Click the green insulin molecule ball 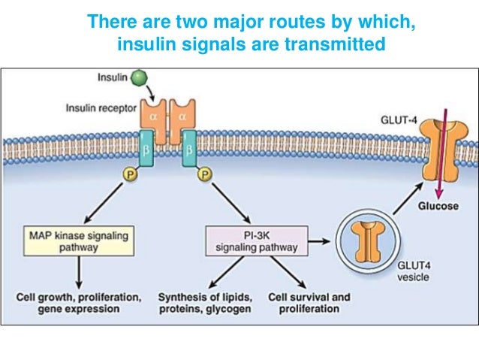(137, 78)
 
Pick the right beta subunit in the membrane (189, 150)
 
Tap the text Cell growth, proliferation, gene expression (78, 303)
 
